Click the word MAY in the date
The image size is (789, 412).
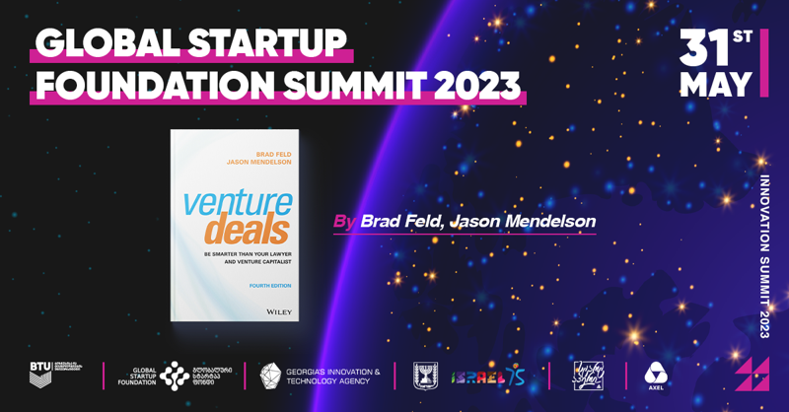pyautogui.click(x=717, y=83)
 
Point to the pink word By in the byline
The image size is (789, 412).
pyautogui.click(x=345, y=222)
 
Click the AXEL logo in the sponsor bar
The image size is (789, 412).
pyautogui.click(x=656, y=376)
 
